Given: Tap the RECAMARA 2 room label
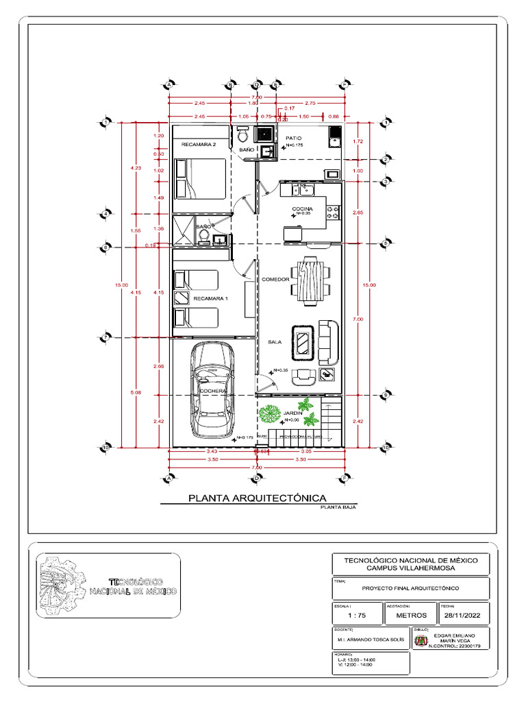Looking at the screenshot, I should [x=199, y=145].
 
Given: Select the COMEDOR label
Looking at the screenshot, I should [x=275, y=280].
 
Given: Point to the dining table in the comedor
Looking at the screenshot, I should [x=311, y=280].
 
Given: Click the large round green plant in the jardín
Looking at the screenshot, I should [x=270, y=414].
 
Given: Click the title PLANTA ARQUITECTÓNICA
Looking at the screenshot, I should [x=257, y=498].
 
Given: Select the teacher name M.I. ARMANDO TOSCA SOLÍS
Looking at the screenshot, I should [x=370, y=640].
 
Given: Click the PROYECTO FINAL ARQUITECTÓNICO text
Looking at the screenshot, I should [x=410, y=588].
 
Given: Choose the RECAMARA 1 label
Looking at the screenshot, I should [x=210, y=299].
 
